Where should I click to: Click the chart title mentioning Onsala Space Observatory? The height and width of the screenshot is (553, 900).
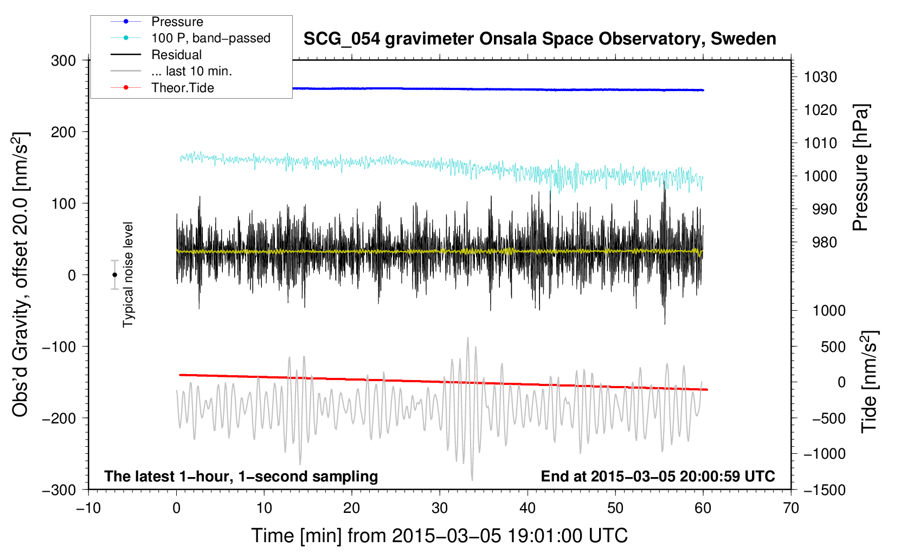[x=539, y=39]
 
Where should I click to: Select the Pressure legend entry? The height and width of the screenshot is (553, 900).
[x=177, y=22]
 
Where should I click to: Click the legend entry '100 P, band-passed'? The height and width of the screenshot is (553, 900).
[x=210, y=38]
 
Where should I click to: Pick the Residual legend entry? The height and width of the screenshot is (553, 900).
[x=176, y=55]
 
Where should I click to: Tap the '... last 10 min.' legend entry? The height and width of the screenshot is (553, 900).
[x=191, y=71]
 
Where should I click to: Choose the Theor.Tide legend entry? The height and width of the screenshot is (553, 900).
[x=182, y=88]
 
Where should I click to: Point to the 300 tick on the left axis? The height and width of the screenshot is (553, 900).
[x=63, y=61]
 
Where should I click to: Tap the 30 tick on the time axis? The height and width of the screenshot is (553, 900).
[x=440, y=508]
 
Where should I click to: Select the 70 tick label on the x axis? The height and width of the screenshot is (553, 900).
[x=791, y=508]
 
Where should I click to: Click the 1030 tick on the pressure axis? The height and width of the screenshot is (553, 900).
[x=821, y=77]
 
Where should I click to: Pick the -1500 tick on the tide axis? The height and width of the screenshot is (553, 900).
[x=824, y=490]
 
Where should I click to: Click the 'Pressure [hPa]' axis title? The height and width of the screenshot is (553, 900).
[x=860, y=168]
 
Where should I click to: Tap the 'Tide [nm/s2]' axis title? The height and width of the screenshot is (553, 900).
[x=869, y=381]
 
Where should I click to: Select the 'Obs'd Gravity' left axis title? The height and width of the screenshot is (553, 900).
[x=20, y=274]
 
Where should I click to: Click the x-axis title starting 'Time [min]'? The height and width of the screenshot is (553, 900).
[x=439, y=536]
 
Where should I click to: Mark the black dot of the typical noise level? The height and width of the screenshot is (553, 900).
[x=114, y=275]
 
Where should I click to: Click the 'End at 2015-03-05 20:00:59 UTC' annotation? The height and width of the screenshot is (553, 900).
[x=658, y=477]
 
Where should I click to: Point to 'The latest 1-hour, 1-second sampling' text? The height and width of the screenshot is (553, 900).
[x=241, y=477]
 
